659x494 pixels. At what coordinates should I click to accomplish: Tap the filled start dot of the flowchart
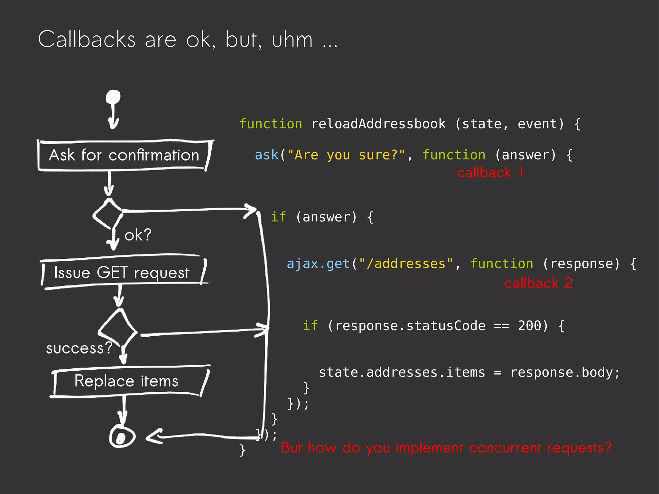113,97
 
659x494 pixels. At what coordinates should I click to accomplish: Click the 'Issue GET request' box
122,273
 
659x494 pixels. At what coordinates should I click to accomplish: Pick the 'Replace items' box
127,381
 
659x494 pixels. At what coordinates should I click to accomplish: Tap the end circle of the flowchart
122,437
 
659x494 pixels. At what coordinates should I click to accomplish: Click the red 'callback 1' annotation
490,173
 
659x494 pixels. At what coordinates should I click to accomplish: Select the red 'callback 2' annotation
538,283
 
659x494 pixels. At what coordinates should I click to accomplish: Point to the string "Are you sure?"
346,155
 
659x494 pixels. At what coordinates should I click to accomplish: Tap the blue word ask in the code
266,155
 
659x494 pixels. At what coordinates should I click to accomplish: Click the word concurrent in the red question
505,448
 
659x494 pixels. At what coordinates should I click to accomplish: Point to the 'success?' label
79,348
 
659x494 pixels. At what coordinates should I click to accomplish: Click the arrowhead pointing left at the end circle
154,436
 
